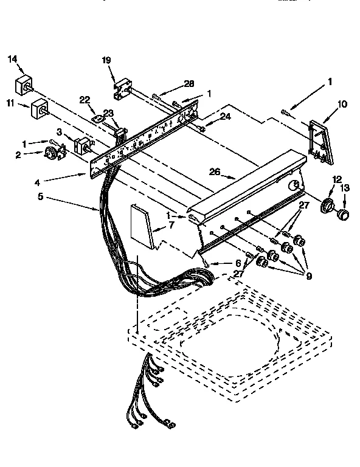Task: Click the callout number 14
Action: tap(13, 60)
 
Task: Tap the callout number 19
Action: tap(106, 60)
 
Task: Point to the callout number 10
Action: tap(342, 104)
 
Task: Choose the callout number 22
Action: tap(85, 100)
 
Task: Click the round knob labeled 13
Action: tap(344, 214)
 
